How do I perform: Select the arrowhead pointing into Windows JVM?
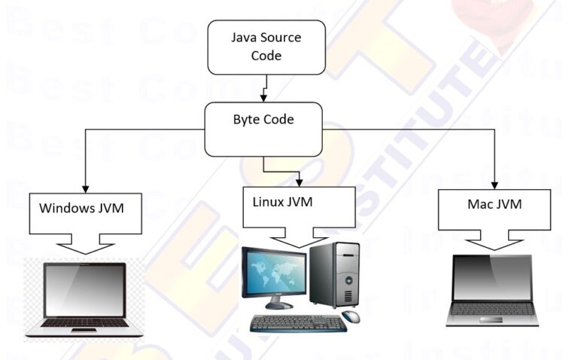84,185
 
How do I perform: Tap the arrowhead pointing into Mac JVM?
495,183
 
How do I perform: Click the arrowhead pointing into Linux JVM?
300,182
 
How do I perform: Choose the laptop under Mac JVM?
493,291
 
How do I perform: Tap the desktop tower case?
334,276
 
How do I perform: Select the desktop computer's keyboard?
298,323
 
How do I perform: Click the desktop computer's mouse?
351,316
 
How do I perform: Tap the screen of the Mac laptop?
493,279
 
